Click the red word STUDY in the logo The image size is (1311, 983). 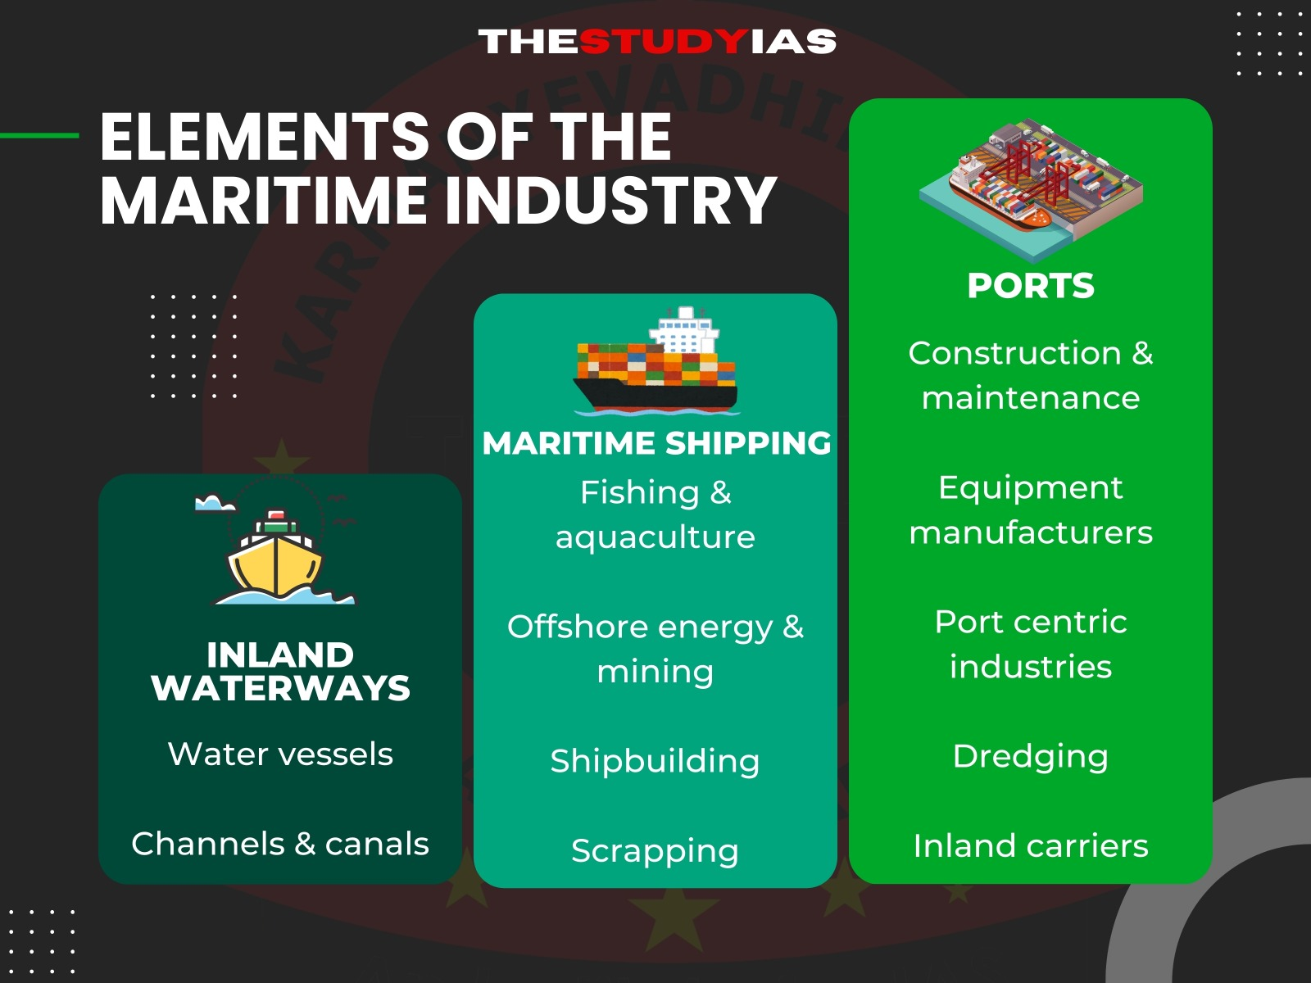[665, 41]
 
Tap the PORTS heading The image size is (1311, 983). [1030, 286]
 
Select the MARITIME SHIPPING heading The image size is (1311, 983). [656, 443]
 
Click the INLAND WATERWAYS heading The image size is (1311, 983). [280, 671]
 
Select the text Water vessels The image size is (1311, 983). [280, 754]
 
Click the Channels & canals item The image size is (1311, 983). [280, 844]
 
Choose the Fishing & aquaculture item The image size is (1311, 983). [655, 514]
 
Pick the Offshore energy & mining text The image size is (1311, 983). [655, 649]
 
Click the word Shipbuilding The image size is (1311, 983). [655, 761]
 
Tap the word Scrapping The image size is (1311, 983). [655, 850]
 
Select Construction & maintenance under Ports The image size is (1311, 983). [1030, 375]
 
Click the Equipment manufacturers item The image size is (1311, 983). [1030, 510]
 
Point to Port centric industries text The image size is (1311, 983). [1030, 644]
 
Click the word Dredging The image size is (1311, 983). [1030, 756]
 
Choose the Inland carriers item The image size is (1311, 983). [1030, 845]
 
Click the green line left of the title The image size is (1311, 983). [39, 135]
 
